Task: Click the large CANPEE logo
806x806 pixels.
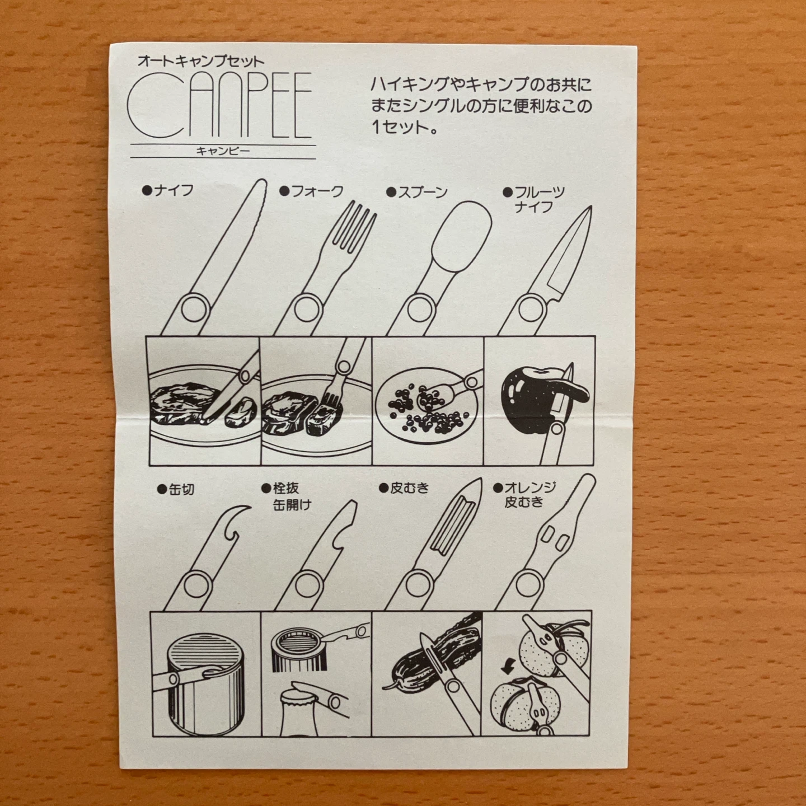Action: [219, 105]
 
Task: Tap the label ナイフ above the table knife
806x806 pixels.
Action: [168, 191]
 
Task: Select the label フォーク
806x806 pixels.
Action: [312, 191]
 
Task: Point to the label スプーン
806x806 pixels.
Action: [417, 192]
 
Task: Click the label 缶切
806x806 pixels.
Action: [176, 490]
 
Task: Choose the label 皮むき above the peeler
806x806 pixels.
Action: [404, 488]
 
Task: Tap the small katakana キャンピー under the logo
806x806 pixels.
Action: [223, 151]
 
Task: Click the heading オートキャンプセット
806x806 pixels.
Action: [201, 62]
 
